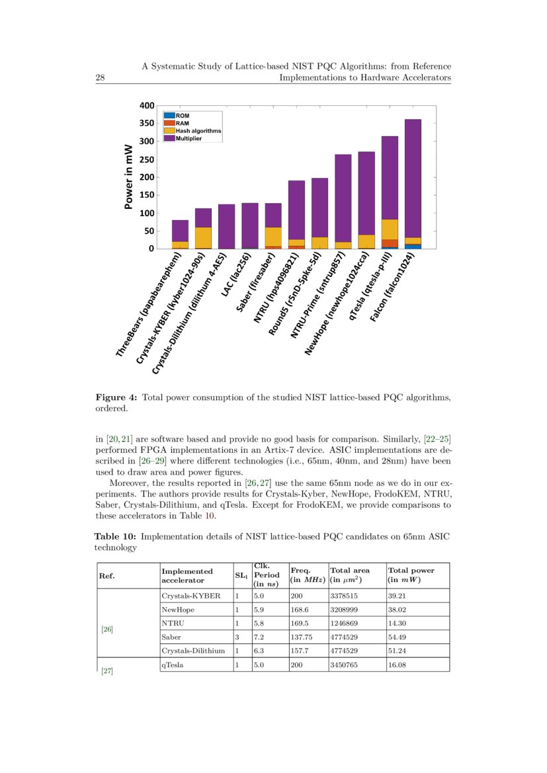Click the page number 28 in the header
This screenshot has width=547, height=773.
101,78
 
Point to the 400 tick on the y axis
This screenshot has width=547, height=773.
146,106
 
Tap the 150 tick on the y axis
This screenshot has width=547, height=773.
146,195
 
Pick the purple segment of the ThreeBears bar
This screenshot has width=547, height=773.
180,231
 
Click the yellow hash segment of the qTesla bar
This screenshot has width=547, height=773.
390,229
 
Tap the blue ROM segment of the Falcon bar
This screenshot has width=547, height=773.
413,246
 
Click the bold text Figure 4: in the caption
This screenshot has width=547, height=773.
116,397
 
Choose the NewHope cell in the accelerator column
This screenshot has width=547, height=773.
178,610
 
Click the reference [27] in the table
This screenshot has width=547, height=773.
106,672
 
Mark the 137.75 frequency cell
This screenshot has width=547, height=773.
300,637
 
